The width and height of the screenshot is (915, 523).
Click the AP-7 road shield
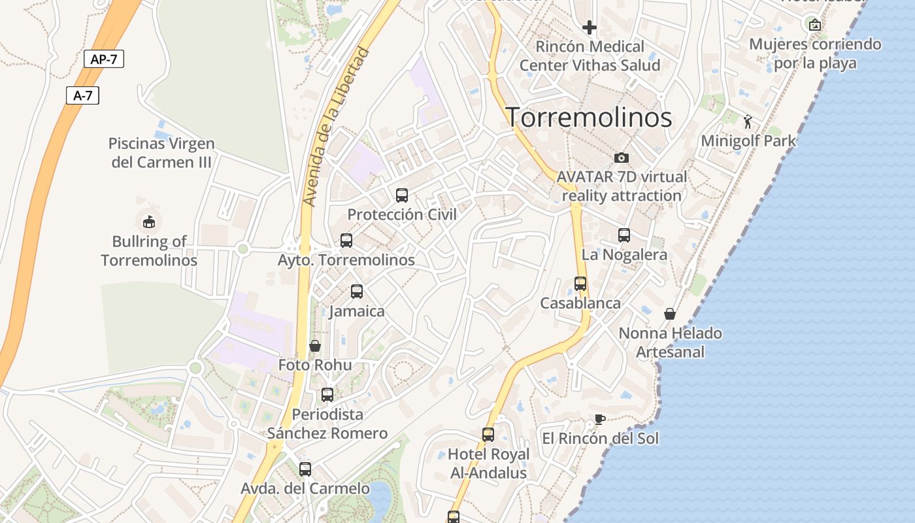[x=104, y=59]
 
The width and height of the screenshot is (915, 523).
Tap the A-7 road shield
[x=83, y=95]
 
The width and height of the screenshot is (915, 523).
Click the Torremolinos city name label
[x=589, y=118]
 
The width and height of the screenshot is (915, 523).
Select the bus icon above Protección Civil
[x=402, y=195]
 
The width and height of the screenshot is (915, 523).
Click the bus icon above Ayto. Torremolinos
[x=346, y=241]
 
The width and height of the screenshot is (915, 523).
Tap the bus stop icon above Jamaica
[x=357, y=292]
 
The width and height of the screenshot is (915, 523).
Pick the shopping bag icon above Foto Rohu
[x=315, y=346]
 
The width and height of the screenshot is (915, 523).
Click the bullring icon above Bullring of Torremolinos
[x=149, y=222]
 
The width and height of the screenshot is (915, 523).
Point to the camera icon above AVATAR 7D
[x=622, y=158]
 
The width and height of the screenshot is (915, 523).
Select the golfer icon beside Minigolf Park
[x=748, y=122]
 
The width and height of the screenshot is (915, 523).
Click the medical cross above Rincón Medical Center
[x=590, y=27]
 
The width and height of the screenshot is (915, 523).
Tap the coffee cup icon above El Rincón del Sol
[x=600, y=419]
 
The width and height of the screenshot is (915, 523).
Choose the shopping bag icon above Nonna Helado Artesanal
[x=670, y=314]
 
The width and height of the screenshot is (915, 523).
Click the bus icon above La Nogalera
[x=624, y=235]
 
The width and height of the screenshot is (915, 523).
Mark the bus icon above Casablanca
[x=580, y=284]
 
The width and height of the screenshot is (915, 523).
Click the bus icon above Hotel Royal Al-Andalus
[x=488, y=435]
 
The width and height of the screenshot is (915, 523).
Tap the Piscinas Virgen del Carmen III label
[x=161, y=152]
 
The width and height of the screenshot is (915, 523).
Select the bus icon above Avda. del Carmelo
[x=305, y=469]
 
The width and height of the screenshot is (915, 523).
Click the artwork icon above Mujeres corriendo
[x=815, y=25]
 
